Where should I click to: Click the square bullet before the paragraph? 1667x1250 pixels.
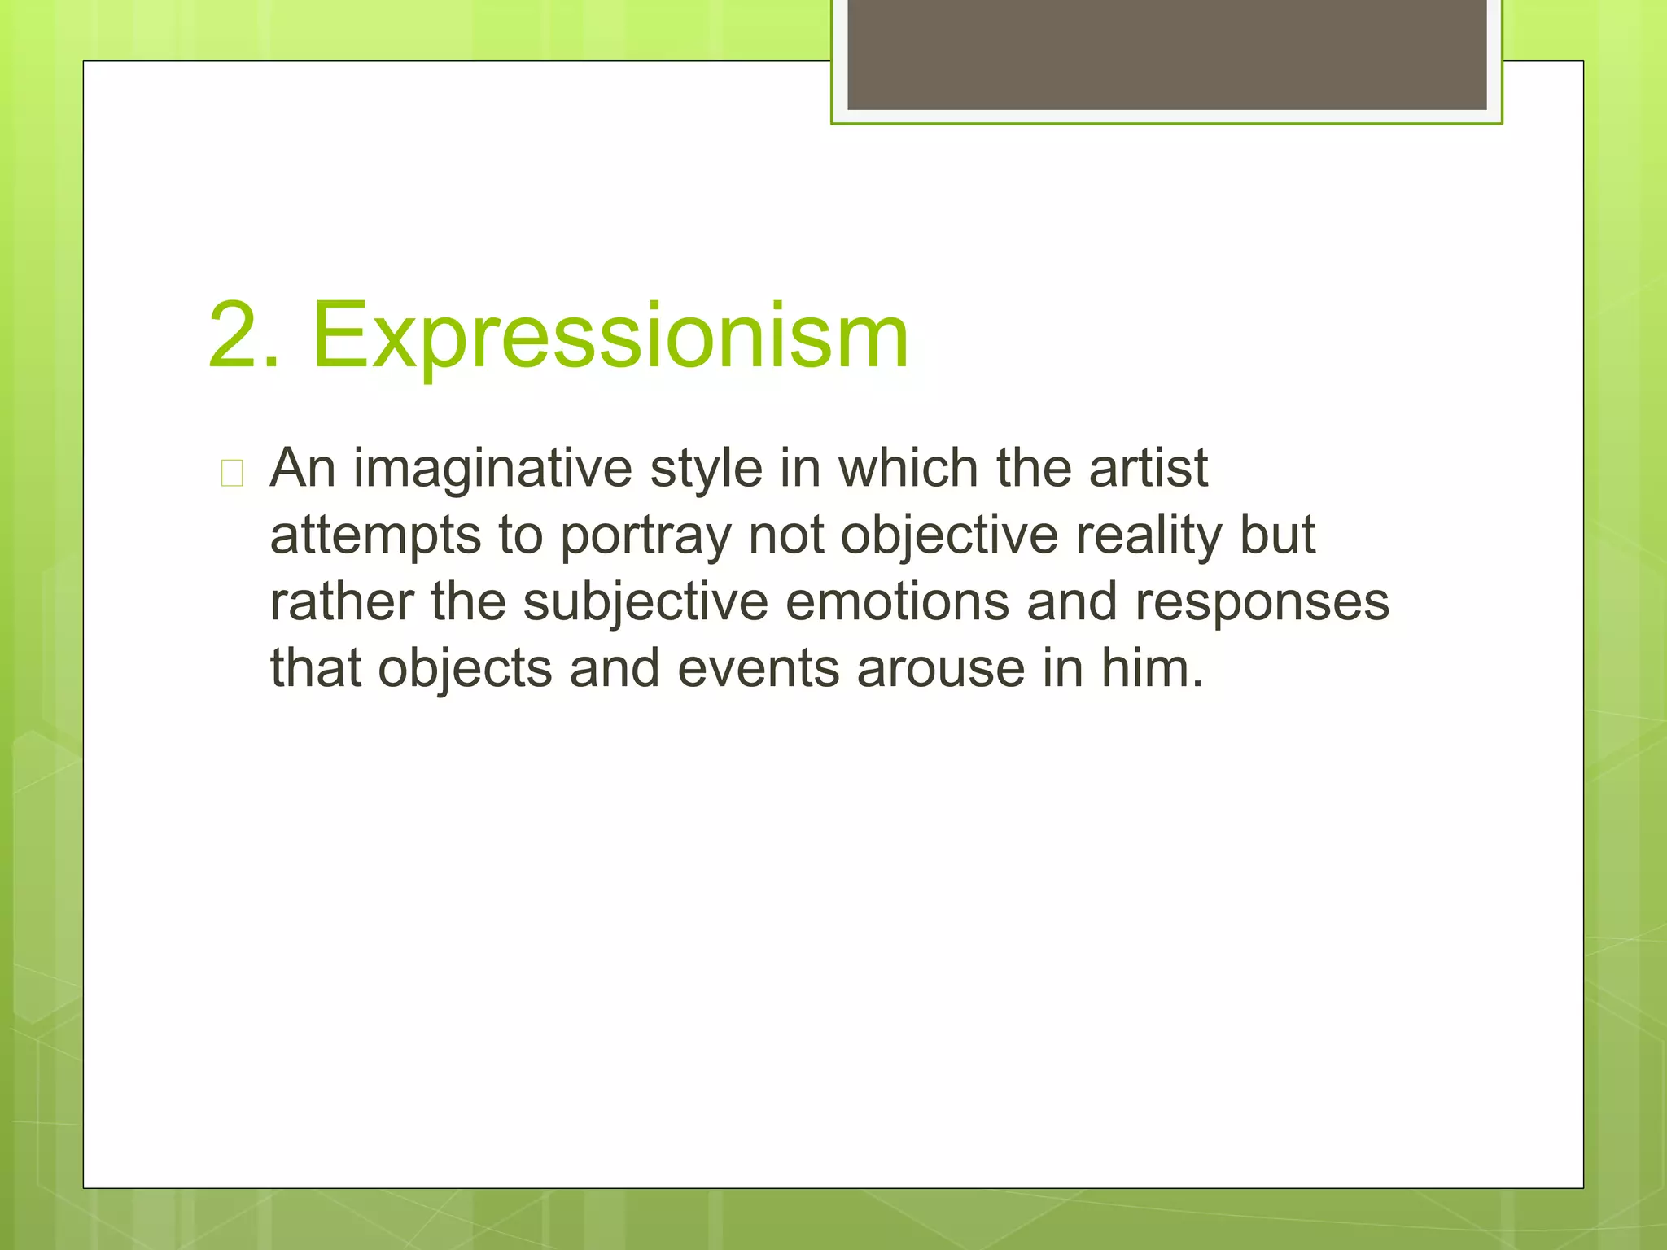click(232, 473)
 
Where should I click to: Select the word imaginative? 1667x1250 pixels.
click(492, 470)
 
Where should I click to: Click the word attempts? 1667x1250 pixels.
click(375, 536)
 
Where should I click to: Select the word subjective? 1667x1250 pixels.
click(645, 603)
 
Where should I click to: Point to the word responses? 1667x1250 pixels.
click(1262, 603)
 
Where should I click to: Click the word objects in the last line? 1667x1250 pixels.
click(465, 670)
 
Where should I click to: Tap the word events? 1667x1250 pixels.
click(757, 669)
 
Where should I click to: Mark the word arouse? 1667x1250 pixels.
click(940, 669)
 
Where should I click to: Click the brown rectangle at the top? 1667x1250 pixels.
click(1166, 54)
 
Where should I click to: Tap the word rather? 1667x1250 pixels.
click(342, 602)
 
